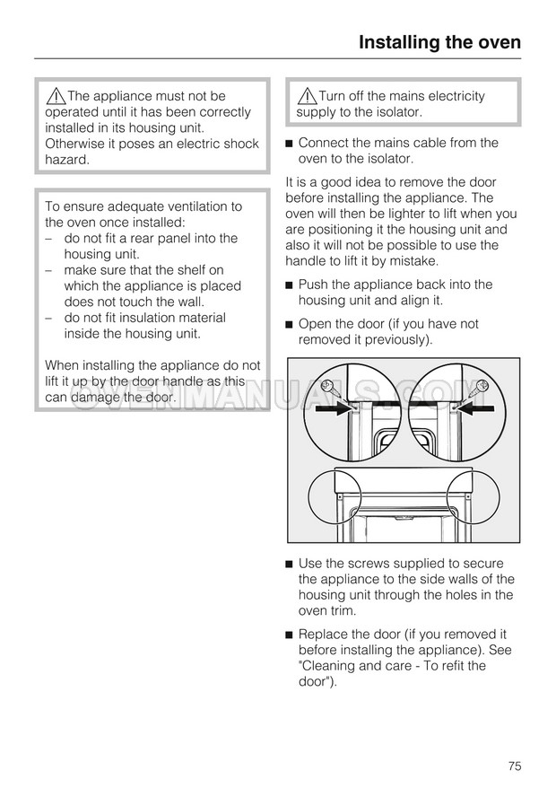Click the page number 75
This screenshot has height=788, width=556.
click(x=514, y=766)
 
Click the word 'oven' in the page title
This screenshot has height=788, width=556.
click(x=495, y=42)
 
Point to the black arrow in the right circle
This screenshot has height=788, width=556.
click(x=478, y=407)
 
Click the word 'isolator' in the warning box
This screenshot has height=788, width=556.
click(x=394, y=112)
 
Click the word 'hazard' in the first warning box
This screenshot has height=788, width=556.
click(x=67, y=159)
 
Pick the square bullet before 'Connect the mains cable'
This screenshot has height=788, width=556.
click(x=290, y=144)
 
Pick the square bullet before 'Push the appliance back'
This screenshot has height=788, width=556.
click(x=290, y=285)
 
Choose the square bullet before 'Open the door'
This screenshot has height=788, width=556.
click(x=290, y=325)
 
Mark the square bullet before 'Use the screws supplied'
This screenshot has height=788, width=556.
click(x=290, y=564)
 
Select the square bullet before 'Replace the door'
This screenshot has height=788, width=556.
click(x=290, y=635)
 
